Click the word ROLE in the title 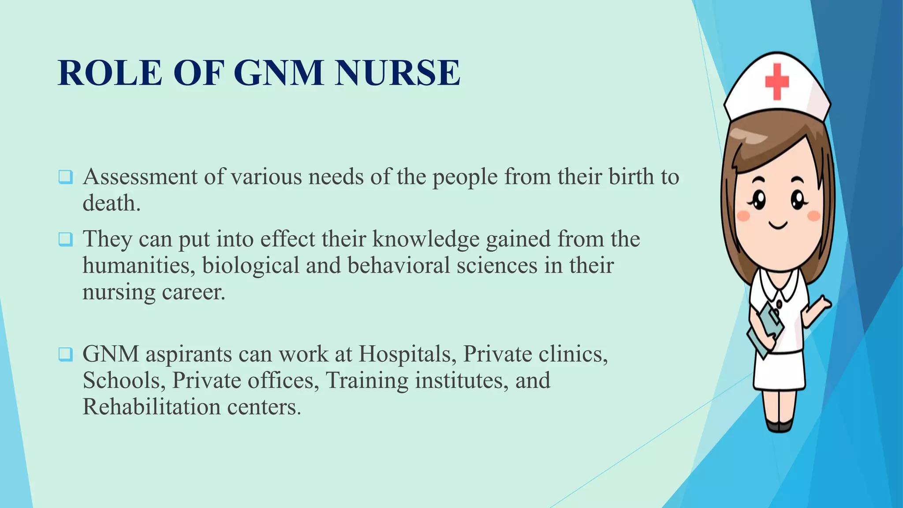pos(110,72)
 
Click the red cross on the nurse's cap pos(776,82)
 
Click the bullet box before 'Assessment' pos(65,177)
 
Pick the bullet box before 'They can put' pos(65,239)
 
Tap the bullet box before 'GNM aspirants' pos(65,354)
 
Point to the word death pos(111,203)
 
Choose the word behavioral pos(399,265)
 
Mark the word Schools pos(123,380)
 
